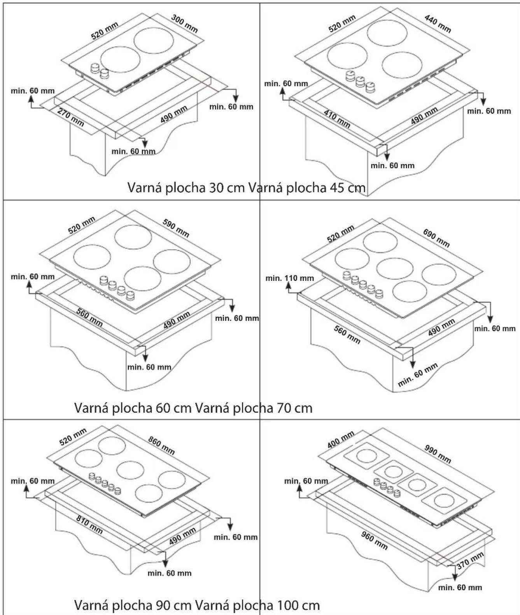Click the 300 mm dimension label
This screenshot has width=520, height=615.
tap(184, 24)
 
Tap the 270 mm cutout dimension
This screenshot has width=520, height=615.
tap(71, 117)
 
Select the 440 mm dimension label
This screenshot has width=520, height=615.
tap(438, 24)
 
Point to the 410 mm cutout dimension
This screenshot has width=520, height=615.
tap(337, 119)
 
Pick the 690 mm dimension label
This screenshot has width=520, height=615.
tap(436, 238)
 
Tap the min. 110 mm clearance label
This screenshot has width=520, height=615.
tap(290, 278)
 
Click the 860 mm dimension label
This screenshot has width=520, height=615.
tap(161, 446)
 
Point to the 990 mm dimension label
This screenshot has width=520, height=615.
tap(438, 454)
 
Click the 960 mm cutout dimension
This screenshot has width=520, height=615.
tap(375, 540)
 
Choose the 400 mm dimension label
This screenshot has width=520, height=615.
tap(341, 440)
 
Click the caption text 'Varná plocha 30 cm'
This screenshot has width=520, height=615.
tap(186, 187)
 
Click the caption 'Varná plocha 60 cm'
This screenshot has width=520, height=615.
tap(133, 408)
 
